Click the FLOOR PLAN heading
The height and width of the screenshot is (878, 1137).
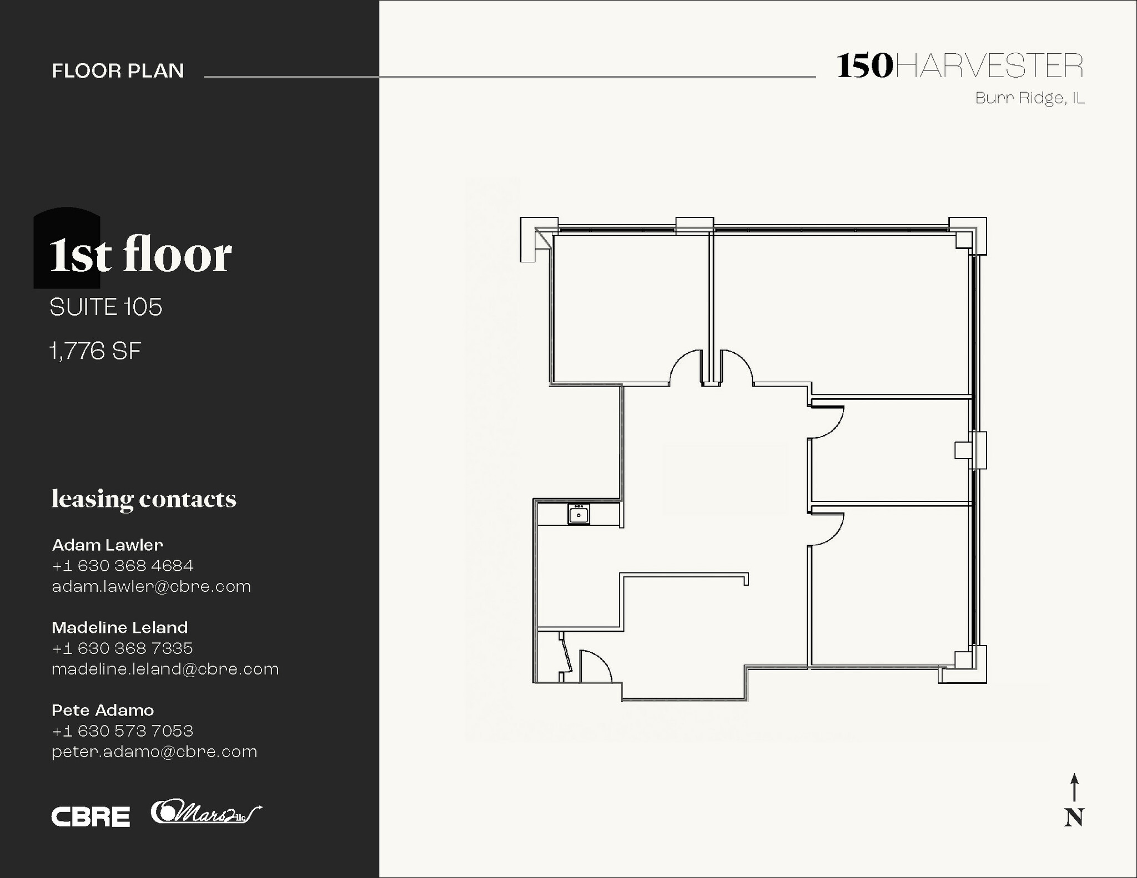(118, 71)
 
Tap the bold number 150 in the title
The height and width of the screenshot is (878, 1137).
(864, 67)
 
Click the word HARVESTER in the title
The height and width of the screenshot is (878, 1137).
(989, 67)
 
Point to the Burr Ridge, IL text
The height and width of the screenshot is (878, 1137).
(1030, 98)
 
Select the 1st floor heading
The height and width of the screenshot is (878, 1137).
(140, 255)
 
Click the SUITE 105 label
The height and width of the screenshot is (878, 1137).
(106, 307)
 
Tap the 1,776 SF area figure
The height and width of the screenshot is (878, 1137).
(95, 351)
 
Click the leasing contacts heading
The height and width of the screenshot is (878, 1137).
(144, 499)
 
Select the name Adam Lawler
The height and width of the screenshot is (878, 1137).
(108, 545)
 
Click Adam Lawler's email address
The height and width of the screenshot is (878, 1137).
(151, 586)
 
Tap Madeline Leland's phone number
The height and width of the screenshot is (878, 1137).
(122, 648)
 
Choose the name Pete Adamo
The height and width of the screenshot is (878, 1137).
(103, 710)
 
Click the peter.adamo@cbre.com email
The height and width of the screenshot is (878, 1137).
(154, 752)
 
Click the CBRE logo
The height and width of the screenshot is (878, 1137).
(90, 816)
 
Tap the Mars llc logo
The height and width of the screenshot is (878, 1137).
(206, 813)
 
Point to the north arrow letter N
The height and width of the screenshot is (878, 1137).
(1074, 818)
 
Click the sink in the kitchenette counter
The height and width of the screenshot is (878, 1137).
(578, 514)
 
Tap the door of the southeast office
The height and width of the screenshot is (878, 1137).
(826, 530)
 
